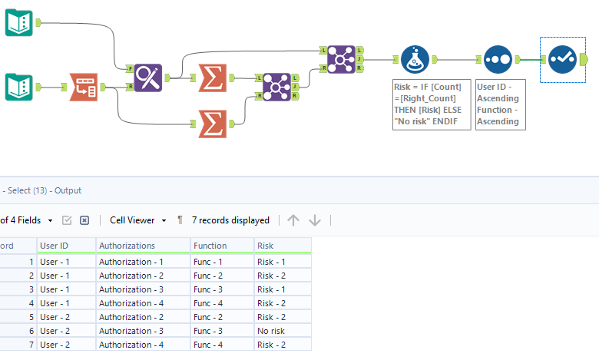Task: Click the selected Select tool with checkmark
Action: pos(561,58)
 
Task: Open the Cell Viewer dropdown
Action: pos(138,220)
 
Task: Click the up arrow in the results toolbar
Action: pos(293,220)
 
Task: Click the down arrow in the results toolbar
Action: pos(315,220)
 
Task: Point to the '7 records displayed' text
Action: pos(230,220)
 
